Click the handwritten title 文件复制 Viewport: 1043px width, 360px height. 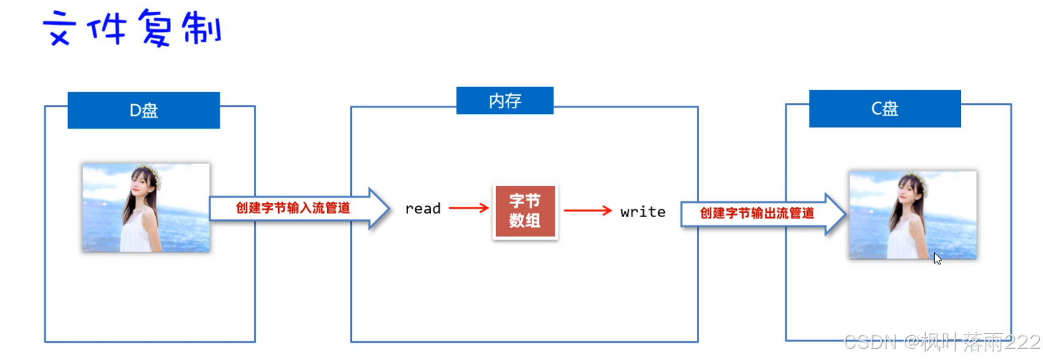[x=132, y=29]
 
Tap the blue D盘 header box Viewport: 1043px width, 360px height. [x=143, y=110]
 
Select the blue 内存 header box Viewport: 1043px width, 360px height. [x=505, y=100]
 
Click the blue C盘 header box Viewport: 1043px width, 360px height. [x=885, y=108]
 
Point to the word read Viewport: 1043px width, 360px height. [x=423, y=209]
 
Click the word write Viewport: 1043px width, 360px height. [x=643, y=212]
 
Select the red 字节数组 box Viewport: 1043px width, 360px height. [x=525, y=211]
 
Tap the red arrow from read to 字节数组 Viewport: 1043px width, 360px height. [x=469, y=208]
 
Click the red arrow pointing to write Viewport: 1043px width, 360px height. [x=587, y=211]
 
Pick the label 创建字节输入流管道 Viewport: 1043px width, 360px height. [x=293, y=208]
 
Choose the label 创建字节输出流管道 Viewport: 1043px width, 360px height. [x=757, y=213]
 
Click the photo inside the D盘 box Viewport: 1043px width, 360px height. [x=146, y=207]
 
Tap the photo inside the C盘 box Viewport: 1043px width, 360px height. [x=913, y=215]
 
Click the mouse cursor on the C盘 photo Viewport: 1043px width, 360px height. [x=937, y=258]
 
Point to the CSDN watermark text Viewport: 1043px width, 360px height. [x=941, y=342]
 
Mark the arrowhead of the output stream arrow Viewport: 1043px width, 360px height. [x=836, y=214]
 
